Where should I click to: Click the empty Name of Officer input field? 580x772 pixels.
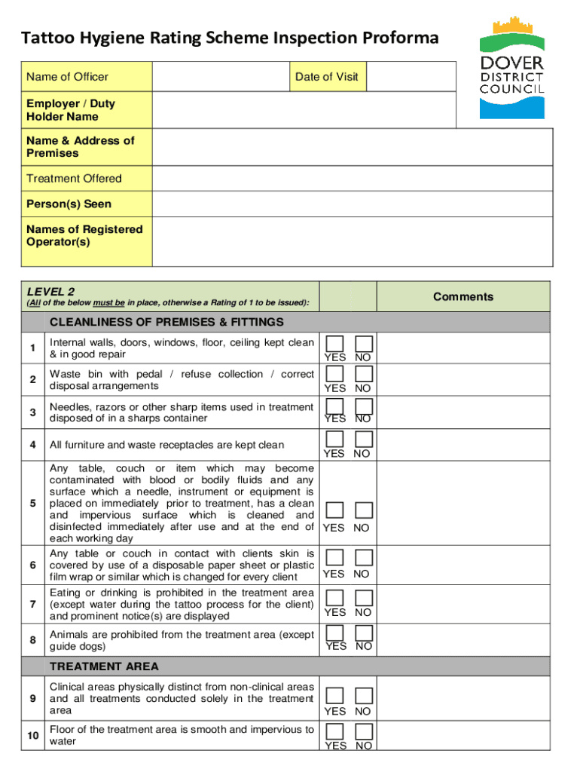(221, 77)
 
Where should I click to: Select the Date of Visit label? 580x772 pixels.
(326, 77)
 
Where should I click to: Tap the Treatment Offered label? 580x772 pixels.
(74, 179)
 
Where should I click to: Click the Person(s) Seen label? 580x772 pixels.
(69, 204)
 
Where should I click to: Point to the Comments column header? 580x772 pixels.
(462, 296)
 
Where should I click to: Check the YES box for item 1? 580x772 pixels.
(335, 344)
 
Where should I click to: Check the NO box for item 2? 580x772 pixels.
(364, 374)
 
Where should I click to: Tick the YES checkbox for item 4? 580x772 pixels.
(335, 440)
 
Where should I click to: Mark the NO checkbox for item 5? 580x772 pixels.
(364, 511)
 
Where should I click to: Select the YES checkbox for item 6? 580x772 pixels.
(335, 558)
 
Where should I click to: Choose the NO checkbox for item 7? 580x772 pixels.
(364, 597)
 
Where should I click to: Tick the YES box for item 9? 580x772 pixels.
(335, 695)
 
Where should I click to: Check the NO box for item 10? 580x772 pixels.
(364, 731)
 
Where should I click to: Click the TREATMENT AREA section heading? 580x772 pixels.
(104, 666)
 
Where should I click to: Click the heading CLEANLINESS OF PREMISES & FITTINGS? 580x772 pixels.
(166, 322)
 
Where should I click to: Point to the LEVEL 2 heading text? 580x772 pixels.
(50, 291)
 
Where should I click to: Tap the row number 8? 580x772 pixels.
(32, 640)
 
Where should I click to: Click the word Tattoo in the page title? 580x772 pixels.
(46, 38)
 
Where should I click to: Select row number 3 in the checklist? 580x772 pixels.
(32, 412)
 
